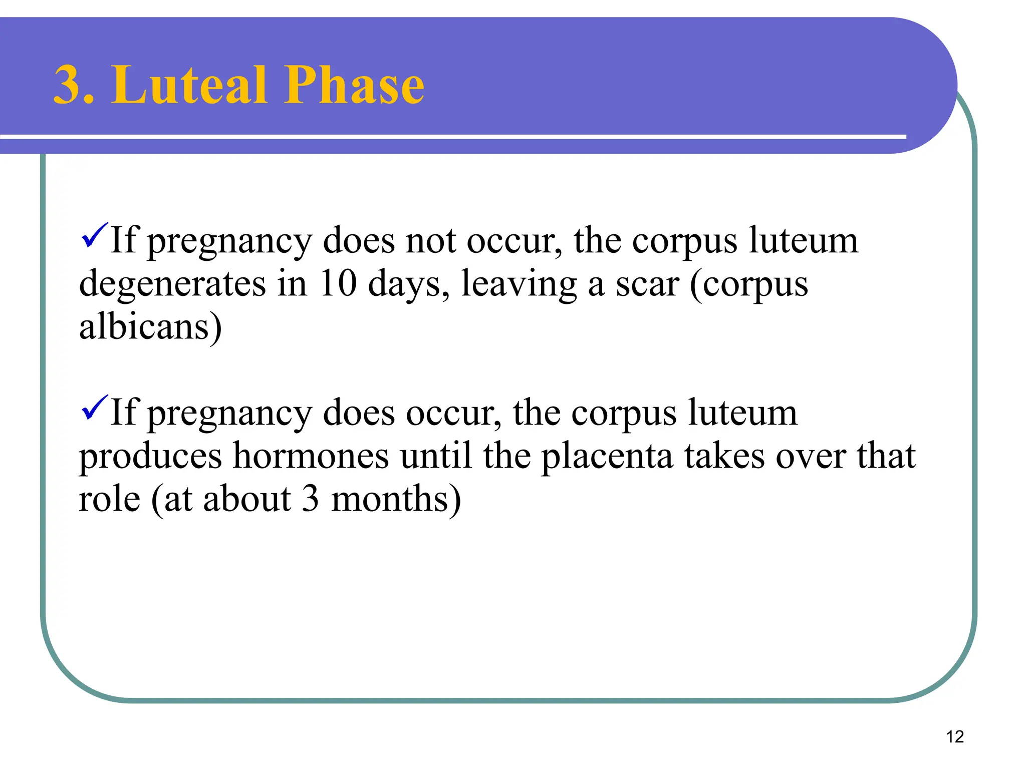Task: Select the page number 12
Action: point(955,736)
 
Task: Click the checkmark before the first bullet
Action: point(94,235)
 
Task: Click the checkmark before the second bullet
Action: point(94,408)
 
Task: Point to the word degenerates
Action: point(172,284)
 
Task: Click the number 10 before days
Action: point(338,283)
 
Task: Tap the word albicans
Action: point(144,326)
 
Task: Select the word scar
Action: point(647,284)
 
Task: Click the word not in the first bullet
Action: point(430,241)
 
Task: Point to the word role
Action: point(109,499)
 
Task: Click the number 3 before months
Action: point(311,499)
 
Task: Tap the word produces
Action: point(150,457)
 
